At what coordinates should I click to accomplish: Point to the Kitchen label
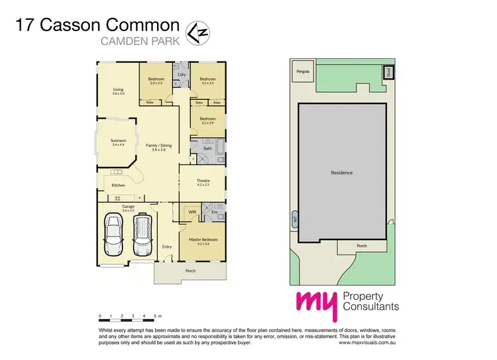[118, 185]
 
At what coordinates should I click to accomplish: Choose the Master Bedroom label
[203, 239]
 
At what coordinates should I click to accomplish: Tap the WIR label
[192, 212]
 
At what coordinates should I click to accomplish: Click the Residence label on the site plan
[341, 173]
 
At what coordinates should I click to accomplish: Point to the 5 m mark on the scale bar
[157, 316]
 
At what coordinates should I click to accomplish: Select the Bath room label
[207, 149]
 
